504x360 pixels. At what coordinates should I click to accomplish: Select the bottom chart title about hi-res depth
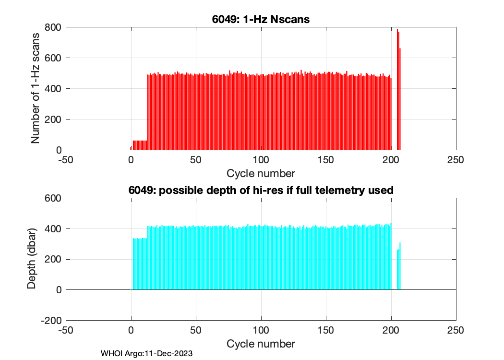pos(261,190)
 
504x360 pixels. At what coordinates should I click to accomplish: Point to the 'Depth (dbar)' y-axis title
pos(31,259)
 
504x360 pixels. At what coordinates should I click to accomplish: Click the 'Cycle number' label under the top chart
pos(261,173)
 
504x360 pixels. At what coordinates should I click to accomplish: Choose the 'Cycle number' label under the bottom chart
pos(261,344)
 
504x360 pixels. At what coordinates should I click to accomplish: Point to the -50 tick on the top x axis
pos(66,160)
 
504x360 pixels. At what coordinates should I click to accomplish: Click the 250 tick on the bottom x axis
pos(456,331)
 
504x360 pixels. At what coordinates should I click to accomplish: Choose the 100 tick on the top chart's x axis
pos(261,160)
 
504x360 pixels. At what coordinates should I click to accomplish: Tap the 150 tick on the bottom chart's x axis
pos(326,331)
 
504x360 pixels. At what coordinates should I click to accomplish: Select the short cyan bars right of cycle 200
pos(399,269)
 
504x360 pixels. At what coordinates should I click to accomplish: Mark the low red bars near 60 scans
pos(140,145)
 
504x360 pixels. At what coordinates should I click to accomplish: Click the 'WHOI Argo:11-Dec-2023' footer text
pos(146,354)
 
